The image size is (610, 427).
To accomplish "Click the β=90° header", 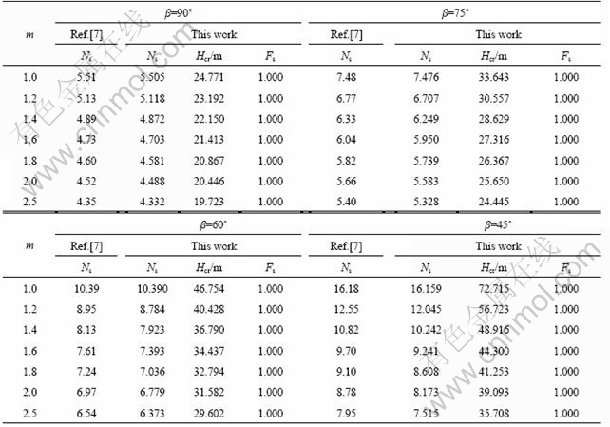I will [180, 14].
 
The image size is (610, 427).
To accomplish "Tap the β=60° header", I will [180, 226].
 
